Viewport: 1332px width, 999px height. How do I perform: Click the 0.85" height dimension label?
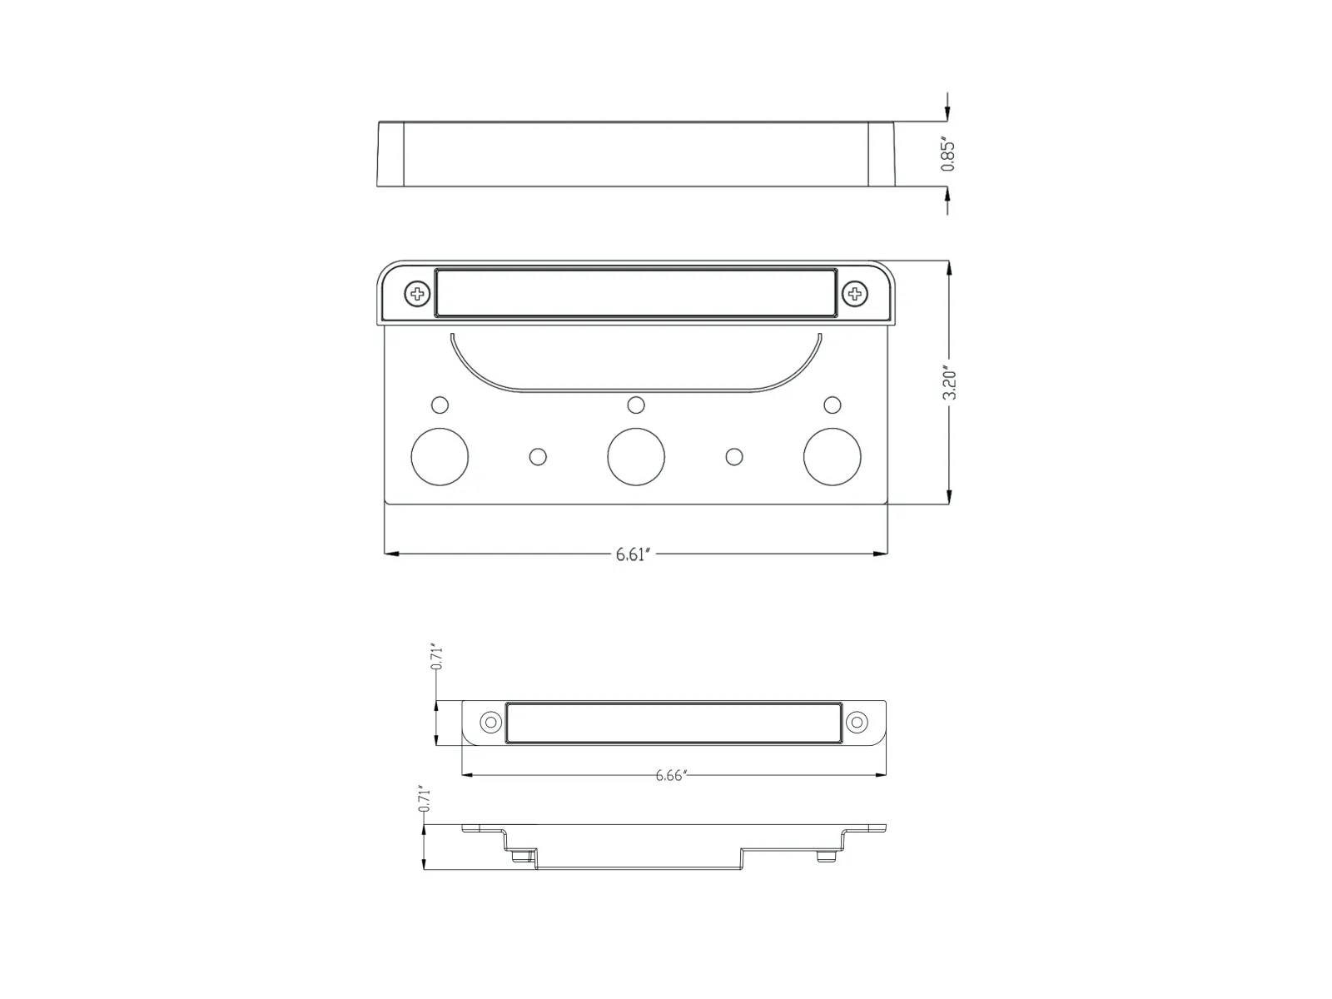(x=947, y=154)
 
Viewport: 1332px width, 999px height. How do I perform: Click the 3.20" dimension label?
(x=949, y=381)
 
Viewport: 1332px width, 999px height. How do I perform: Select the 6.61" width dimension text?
(x=632, y=554)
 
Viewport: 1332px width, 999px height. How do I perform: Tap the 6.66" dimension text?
(x=671, y=776)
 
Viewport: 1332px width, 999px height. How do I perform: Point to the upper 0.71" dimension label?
(x=435, y=657)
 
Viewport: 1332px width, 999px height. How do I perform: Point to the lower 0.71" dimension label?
(x=424, y=798)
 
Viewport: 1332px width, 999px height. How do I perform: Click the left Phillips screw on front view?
(x=417, y=293)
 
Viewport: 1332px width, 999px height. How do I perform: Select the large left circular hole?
(x=440, y=456)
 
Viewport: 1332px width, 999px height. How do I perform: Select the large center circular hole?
(x=636, y=456)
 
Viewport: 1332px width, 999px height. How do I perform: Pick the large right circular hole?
(x=832, y=456)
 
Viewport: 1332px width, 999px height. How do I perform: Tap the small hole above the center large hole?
(x=636, y=405)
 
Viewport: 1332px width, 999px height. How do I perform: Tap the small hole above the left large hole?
(x=440, y=405)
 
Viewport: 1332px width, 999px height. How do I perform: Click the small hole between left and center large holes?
(x=538, y=456)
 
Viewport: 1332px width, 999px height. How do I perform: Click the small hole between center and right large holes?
(x=733, y=456)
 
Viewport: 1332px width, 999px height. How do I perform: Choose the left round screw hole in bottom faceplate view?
(x=491, y=722)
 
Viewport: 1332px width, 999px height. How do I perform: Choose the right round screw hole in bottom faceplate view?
(x=857, y=722)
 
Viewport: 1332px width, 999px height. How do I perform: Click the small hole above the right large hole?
(x=832, y=405)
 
